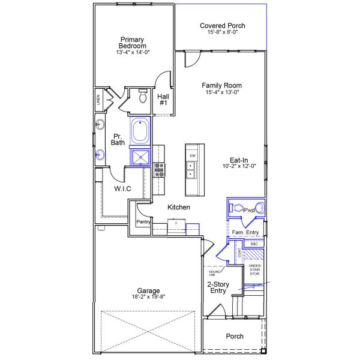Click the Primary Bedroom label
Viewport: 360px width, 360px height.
coord(132,43)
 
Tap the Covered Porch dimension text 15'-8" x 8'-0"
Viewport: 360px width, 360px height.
coord(222,33)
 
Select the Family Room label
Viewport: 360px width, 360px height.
coord(223,86)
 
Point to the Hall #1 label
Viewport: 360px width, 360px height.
coord(163,99)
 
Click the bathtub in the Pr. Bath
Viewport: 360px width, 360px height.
coord(140,131)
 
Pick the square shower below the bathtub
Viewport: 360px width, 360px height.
coord(142,157)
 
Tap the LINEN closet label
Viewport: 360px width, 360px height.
coord(97,100)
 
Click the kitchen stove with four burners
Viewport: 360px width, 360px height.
coord(159,170)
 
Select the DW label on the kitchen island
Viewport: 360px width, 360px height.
coord(193,155)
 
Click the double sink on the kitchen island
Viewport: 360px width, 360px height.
coord(191,170)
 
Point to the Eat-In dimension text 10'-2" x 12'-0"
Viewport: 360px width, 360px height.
coord(239,166)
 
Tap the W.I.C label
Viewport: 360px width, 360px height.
coord(122,188)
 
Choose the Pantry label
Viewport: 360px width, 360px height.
coord(143,221)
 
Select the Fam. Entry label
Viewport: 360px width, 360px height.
coord(245,232)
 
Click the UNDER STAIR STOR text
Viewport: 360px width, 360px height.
coord(254,270)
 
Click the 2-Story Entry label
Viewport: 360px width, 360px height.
coord(217,287)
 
